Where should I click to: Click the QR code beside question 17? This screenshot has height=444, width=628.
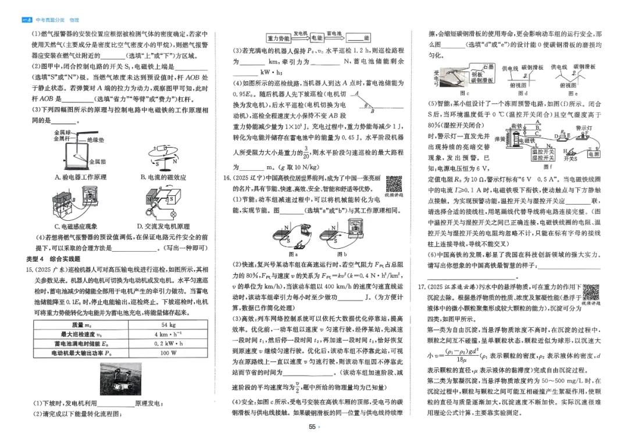pos(591,291)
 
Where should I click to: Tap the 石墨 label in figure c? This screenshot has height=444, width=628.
pos(488,67)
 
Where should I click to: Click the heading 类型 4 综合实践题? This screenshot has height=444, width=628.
pos(54,259)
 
